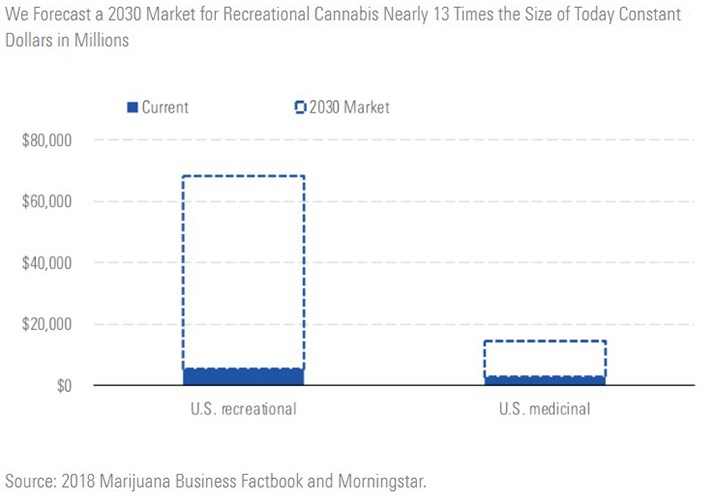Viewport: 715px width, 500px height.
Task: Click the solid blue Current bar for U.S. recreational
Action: (243, 377)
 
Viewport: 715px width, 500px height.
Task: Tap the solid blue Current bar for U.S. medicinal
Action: (544, 381)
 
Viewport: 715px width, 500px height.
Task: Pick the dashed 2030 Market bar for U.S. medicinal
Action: (544, 359)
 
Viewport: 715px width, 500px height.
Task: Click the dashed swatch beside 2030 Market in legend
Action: (300, 107)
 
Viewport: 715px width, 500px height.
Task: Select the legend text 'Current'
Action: (165, 107)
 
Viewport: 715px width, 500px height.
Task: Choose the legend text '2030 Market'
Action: (344, 107)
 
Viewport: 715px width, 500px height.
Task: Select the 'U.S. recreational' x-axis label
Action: (243, 409)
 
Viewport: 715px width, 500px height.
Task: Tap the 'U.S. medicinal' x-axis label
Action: (544, 409)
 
